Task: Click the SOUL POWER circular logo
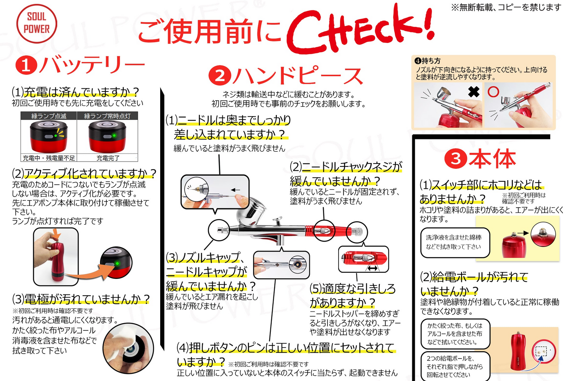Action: pyautogui.click(x=37, y=24)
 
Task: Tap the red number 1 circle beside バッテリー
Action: pyautogui.click(x=26, y=65)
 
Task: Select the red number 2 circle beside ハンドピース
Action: pyautogui.click(x=220, y=75)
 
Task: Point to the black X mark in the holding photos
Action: pyautogui.click(x=474, y=92)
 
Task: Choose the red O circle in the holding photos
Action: pyautogui.click(x=493, y=92)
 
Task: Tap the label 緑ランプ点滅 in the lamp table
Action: pyautogui.click(x=49, y=116)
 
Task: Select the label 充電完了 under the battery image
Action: pyautogui.click(x=108, y=158)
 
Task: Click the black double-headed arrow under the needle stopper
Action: pyautogui.click(x=372, y=268)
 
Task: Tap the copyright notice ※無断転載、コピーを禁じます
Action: pyautogui.click(x=506, y=7)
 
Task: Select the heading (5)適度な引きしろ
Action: pyautogui.click(x=352, y=288)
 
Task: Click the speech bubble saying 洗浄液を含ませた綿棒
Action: pyautogui.click(x=455, y=242)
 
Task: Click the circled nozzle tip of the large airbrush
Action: pyautogui.click(x=219, y=230)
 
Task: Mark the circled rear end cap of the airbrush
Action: pyautogui.click(x=357, y=231)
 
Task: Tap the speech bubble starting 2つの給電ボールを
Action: pyautogui.click(x=455, y=366)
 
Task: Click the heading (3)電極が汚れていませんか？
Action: pyautogui.click(x=81, y=299)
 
